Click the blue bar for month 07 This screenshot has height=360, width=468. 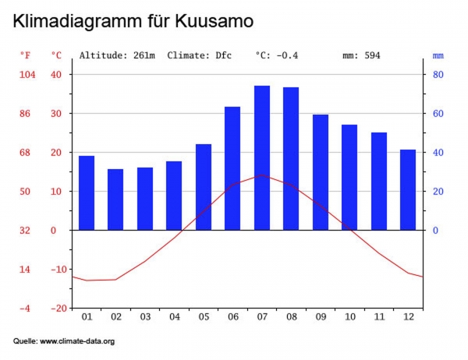(x=262, y=158)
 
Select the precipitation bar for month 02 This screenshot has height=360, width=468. (x=115, y=199)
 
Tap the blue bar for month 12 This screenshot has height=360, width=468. (x=408, y=189)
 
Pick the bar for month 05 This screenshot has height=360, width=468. (x=204, y=187)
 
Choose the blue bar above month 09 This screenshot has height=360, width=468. (x=321, y=172)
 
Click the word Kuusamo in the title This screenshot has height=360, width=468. (x=214, y=21)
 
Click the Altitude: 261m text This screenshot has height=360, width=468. (x=117, y=56)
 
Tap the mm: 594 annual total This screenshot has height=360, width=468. (x=361, y=56)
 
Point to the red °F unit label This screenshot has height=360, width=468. (x=26, y=56)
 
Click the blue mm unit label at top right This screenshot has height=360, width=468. (x=438, y=56)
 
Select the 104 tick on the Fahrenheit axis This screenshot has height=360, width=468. (x=26, y=75)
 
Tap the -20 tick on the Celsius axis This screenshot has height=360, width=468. (x=58, y=309)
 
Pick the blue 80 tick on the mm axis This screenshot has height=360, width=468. (x=438, y=75)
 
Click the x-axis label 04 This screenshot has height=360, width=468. (x=174, y=317)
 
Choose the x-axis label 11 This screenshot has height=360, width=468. (x=379, y=317)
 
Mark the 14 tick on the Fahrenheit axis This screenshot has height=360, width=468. (x=26, y=270)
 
